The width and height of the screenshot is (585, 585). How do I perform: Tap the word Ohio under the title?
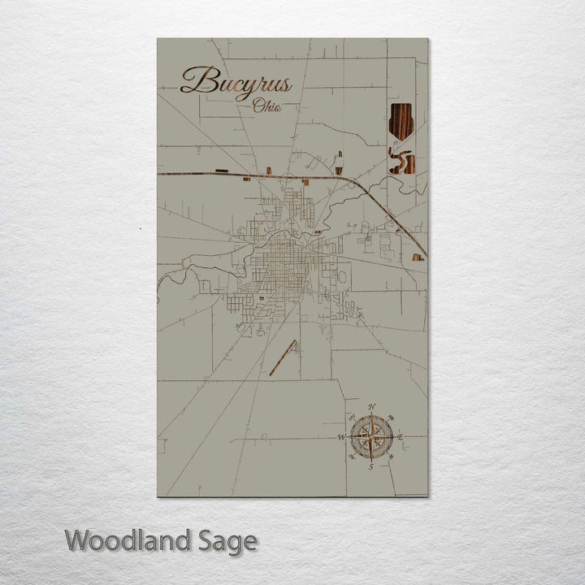[x=267, y=106]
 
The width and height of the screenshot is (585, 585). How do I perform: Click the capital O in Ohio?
[x=258, y=105]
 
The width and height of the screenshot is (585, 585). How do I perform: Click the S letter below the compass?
[x=370, y=467]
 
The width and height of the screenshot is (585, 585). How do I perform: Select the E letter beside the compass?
[x=401, y=437]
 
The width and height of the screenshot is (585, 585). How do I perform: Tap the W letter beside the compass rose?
[x=341, y=438]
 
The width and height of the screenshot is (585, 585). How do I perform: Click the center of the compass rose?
[x=371, y=437]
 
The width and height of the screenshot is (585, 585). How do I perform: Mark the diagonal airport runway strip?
[x=283, y=358]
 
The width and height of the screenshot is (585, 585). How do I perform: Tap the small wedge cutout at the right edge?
[x=418, y=258]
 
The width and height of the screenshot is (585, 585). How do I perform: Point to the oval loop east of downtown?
[x=342, y=276]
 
